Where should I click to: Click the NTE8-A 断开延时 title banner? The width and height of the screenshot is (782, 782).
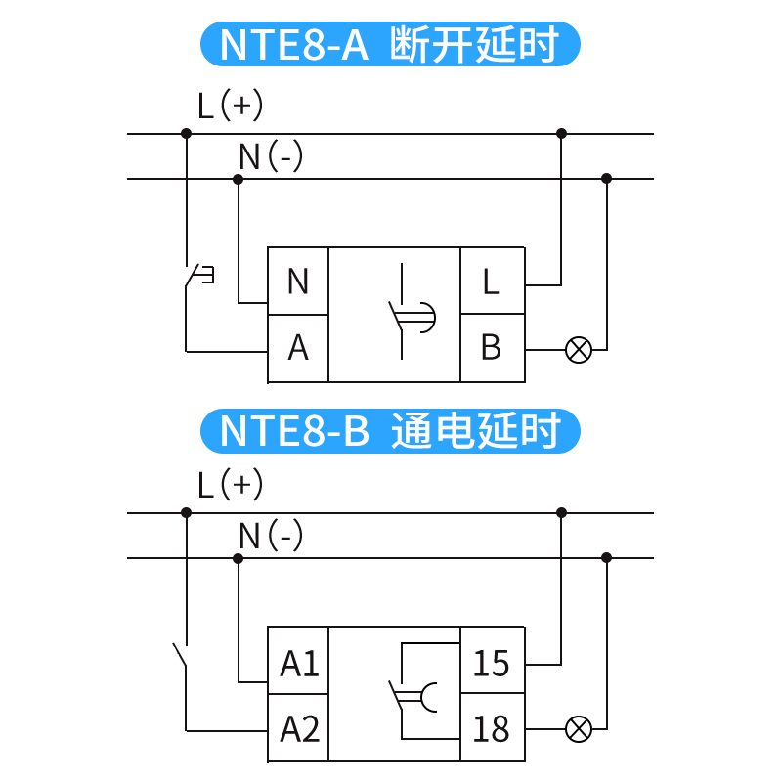pos(390,45)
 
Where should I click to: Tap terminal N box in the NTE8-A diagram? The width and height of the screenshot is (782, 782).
pos(298,282)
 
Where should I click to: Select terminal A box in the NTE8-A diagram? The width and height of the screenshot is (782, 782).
pos(298,348)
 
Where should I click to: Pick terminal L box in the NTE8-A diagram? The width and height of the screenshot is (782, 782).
pos(492,282)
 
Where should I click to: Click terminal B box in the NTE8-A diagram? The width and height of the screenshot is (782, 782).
pos(492,348)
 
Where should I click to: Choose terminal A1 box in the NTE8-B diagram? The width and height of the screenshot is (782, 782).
pos(299,664)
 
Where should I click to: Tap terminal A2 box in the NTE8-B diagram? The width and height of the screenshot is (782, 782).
pos(299,728)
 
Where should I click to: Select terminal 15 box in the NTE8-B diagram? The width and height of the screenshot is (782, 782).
pos(492,664)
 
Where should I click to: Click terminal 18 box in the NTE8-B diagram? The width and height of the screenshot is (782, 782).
pos(492,728)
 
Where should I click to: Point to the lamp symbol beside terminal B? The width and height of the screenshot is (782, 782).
pos(579,349)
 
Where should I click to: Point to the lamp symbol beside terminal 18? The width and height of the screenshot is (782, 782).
pos(579,728)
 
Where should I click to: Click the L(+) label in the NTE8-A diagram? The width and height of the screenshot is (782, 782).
pos(230,106)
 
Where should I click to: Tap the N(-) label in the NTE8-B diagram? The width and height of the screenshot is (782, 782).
pos(271,535)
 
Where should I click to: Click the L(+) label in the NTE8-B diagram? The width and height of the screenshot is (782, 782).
pos(230,484)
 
